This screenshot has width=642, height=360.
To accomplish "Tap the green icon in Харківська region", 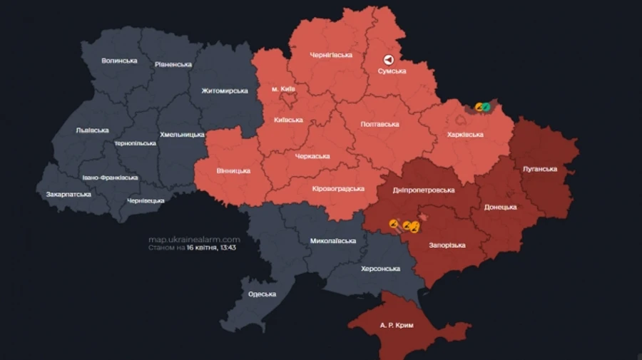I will pos(486,107).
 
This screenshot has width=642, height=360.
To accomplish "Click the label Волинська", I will pos(119,61).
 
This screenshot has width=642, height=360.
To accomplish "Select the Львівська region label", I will pos(92,130).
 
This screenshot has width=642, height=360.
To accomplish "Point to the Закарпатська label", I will pos(68,194).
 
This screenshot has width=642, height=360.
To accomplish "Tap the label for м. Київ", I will pos(283,89).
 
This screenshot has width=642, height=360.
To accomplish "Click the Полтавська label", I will pos(380,124).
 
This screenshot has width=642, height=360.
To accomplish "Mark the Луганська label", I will pos(539,169).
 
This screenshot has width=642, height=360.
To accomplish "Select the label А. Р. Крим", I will pos(394,324).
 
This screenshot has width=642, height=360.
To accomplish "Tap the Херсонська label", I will pos(380,268).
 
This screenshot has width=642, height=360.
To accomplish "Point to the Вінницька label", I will pos(233,171).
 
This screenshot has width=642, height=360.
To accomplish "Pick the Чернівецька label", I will pos(146,200).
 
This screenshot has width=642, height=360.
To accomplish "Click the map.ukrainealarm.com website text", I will pos(194,240).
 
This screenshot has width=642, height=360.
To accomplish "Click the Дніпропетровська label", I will pos(424,190).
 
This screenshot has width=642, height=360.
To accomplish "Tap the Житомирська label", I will pos(225,91).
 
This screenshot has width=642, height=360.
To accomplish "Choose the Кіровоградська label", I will pos(338,189).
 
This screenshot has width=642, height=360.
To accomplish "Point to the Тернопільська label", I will pos(135,143).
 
